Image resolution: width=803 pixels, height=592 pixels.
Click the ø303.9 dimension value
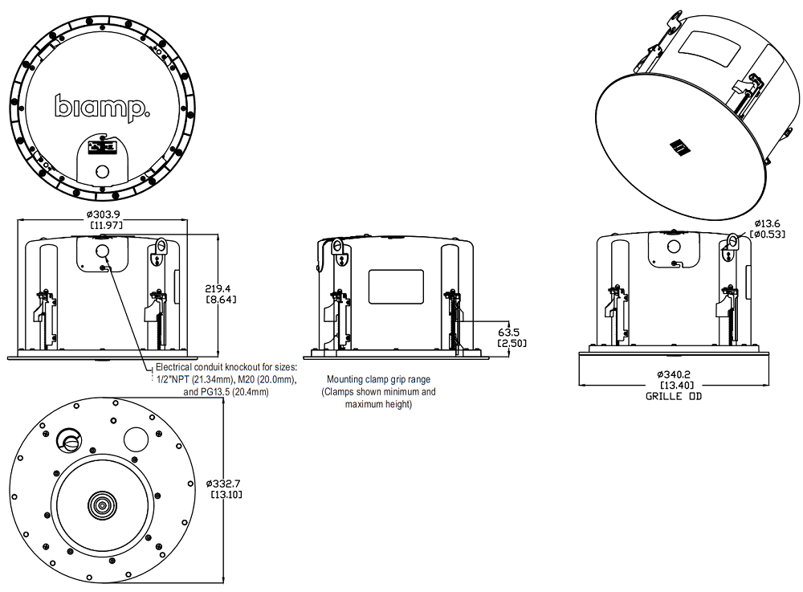(x=106, y=214)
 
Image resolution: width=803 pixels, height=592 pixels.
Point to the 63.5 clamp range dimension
(x=510, y=331)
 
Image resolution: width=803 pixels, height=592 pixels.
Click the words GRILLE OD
(x=673, y=396)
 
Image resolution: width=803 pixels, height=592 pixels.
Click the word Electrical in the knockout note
(x=174, y=366)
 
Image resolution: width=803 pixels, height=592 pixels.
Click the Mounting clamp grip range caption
(x=378, y=379)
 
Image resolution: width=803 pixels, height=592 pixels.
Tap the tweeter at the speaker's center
(x=102, y=505)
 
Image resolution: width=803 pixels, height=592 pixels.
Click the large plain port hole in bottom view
(x=137, y=439)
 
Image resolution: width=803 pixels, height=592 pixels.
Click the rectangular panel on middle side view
(x=395, y=286)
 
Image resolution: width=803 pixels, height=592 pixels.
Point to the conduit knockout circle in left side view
(x=103, y=251)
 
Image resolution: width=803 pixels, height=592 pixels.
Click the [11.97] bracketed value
(x=106, y=226)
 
